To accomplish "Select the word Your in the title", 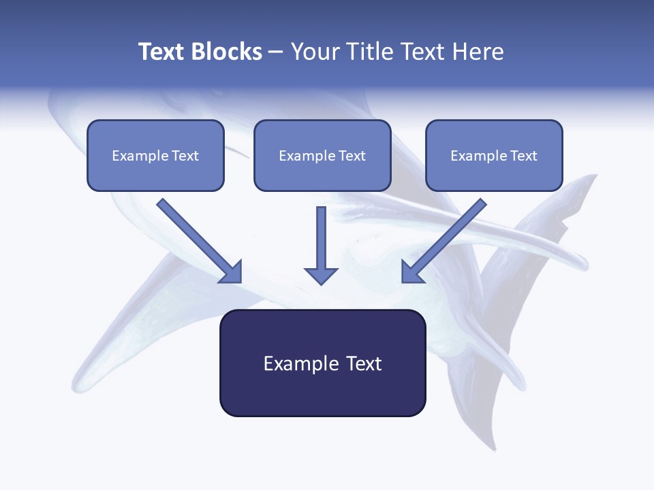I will pos(315,52).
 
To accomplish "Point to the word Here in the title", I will pos(478,52).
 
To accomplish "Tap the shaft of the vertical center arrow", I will pos(321,235).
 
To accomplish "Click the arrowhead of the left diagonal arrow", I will pos(232,272).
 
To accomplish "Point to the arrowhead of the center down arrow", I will pos(321,275).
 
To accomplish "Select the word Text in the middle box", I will pos(352,156).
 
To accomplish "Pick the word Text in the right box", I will pos(523,156).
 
